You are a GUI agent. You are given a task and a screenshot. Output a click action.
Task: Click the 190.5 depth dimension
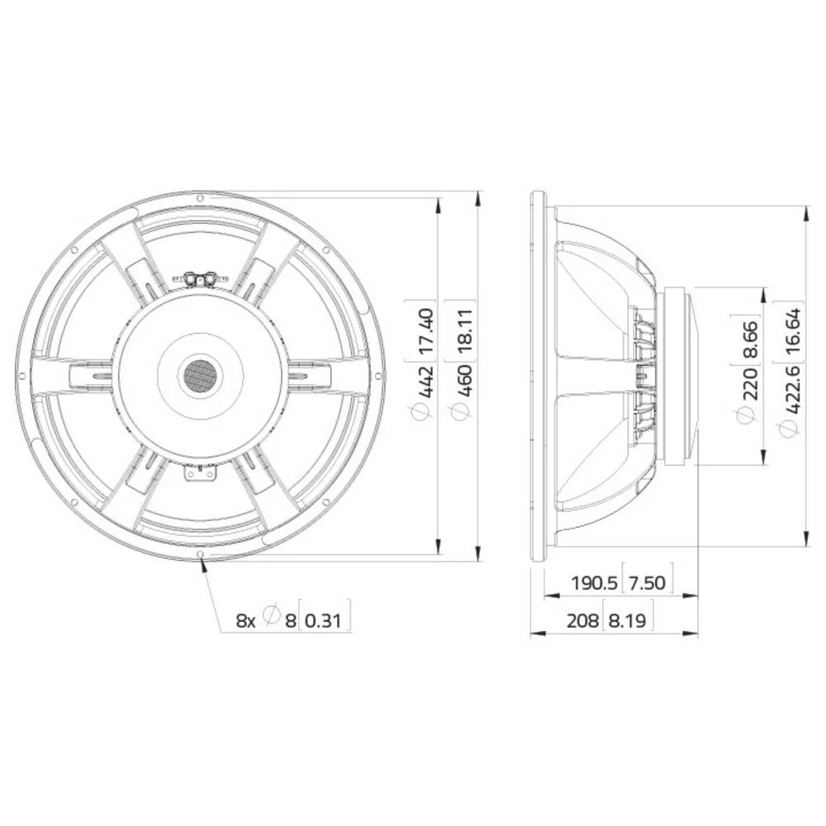click(x=594, y=583)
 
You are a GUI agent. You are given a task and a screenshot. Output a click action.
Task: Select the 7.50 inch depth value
click(x=648, y=583)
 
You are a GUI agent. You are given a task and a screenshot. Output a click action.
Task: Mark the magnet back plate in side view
click(x=682, y=376)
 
